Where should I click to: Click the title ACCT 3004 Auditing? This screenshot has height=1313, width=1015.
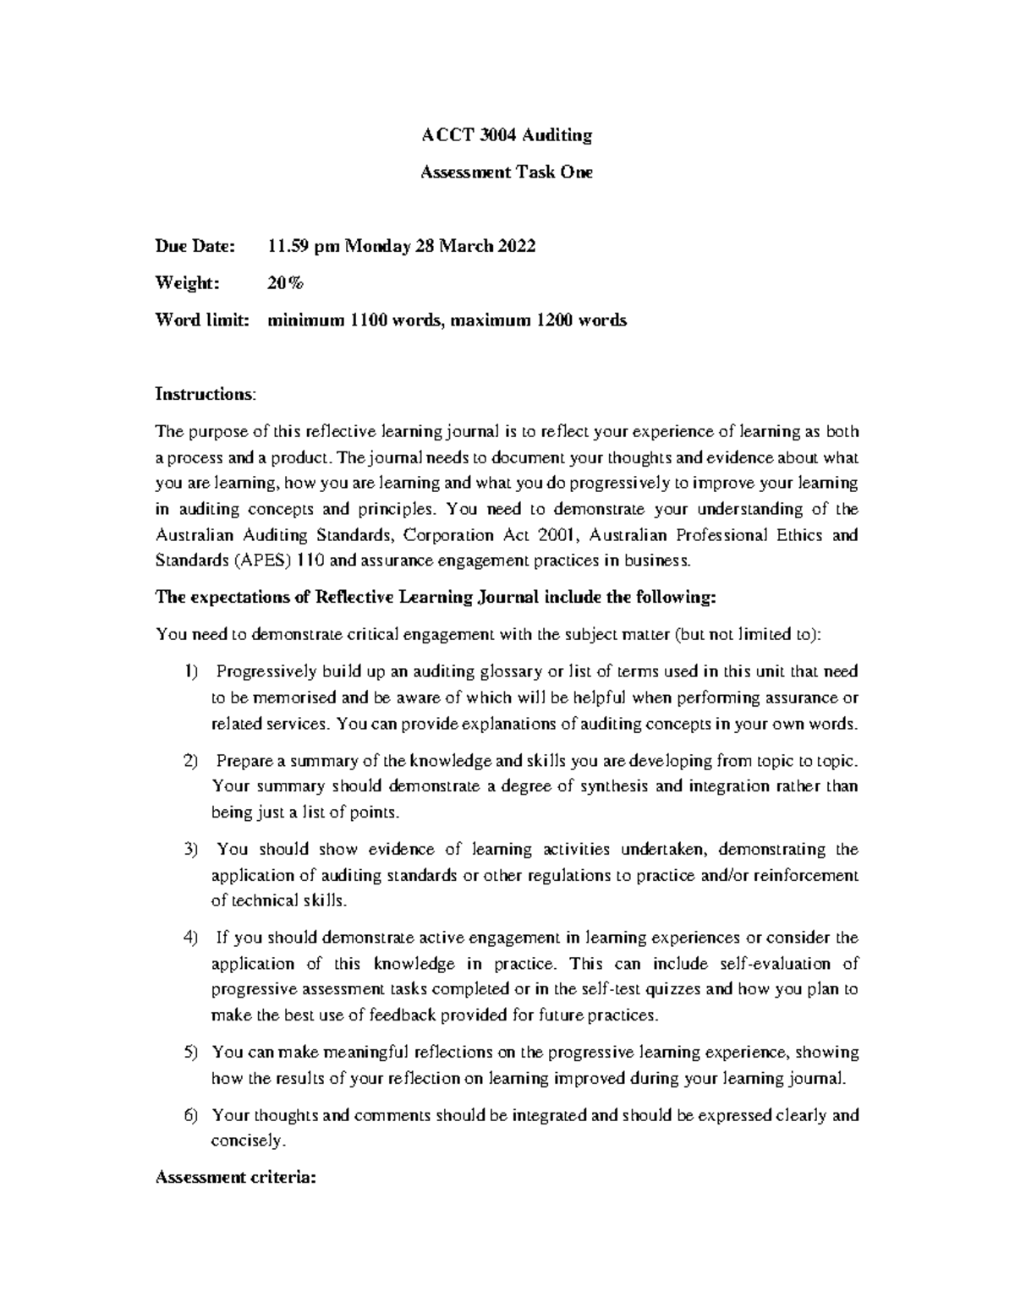[507, 135]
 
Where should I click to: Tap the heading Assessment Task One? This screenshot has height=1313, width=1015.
[507, 172]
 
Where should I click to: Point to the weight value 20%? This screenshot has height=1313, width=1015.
[284, 283]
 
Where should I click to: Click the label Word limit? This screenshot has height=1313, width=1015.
[201, 320]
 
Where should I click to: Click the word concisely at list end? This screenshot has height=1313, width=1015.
[249, 1141]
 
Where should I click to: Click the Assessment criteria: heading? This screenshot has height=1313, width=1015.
[235, 1178]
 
